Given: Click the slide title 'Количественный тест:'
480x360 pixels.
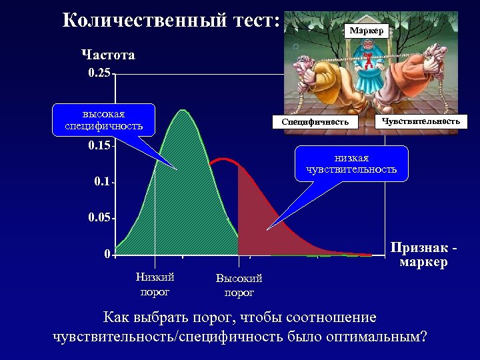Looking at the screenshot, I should point(171,20).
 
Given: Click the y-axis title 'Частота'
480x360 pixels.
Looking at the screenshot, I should point(108,55).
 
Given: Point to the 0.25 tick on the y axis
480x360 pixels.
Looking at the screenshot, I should point(99,73).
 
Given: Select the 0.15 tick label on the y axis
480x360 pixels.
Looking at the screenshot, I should point(99,145).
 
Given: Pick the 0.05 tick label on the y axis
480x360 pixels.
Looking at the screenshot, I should point(99,218).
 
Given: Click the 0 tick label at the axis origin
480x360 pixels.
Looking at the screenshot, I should point(107,254).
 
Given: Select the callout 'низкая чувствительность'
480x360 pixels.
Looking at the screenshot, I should point(351,164).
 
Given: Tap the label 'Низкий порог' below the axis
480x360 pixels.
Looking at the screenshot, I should point(155,283).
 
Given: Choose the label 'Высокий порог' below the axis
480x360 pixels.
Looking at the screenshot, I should point(239,285).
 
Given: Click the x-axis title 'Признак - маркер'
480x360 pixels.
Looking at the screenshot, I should point(424,255).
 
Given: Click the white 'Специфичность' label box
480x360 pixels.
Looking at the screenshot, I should point(315,122).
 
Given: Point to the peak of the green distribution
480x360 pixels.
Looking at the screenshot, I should point(181,110).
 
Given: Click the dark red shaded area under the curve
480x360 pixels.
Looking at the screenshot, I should point(260,220).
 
